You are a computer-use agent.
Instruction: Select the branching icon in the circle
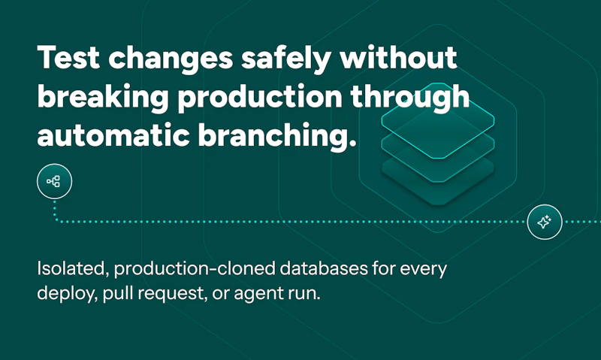[x=53, y=181]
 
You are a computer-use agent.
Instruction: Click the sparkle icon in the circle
[x=545, y=222]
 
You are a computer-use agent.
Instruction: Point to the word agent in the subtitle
[x=257, y=293]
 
